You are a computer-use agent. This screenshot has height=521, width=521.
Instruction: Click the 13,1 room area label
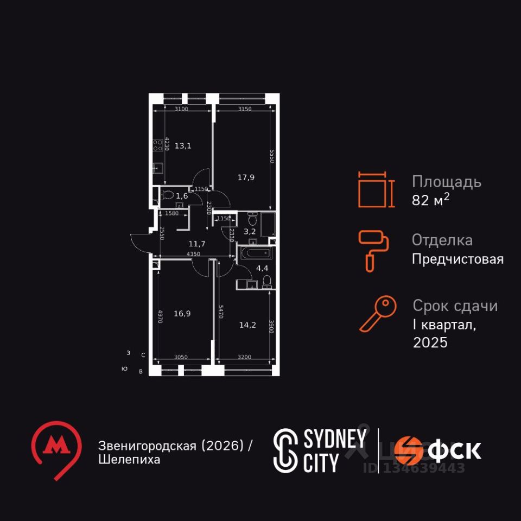tap(182, 145)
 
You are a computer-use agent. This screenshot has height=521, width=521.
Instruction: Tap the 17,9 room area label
tap(246, 177)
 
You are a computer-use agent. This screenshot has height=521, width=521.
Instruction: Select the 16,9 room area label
tap(182, 313)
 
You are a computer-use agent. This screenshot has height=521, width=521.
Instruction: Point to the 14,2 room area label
tap(247, 325)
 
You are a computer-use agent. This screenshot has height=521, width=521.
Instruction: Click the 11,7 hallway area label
tap(196, 244)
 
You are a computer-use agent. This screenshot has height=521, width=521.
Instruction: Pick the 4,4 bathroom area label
tap(262, 268)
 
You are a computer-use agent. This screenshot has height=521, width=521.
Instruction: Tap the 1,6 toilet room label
tap(182, 196)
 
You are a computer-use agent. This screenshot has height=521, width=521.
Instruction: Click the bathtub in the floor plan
tap(255, 253)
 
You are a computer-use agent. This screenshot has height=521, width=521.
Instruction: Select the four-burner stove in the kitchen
tap(158, 145)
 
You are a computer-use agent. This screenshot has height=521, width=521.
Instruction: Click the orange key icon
tap(378, 314)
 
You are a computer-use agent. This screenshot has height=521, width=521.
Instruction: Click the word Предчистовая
tap(458, 259)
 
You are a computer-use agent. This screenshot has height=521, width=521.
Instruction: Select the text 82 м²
tap(431, 200)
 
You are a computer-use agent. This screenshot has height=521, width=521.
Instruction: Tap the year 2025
tap(430, 342)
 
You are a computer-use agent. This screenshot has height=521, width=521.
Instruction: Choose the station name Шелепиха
tap(129, 460)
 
